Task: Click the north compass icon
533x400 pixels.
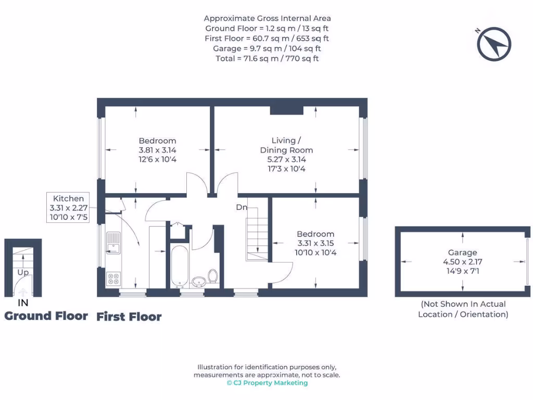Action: coord(494,44)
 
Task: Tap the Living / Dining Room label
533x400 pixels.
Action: coord(286,145)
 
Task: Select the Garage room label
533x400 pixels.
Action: coord(462,253)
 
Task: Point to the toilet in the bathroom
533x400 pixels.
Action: coord(212,276)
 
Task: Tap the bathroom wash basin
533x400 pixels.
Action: coord(198,282)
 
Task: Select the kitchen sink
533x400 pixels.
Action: coord(113,243)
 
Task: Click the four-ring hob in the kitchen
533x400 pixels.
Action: coord(113,278)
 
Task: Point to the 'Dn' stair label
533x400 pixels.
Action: coord(242,207)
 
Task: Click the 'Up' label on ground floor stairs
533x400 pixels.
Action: coord(23,272)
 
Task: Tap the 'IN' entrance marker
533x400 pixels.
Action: coord(23,303)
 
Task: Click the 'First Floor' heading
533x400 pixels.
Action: coord(129,317)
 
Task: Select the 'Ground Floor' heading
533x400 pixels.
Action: coord(46,316)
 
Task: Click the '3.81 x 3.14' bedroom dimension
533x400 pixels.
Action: coord(157,150)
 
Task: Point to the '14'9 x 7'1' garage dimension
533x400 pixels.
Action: coord(462,271)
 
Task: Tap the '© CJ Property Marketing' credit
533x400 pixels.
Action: coord(267,383)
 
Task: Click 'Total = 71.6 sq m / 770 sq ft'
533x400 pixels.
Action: coord(267,58)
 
